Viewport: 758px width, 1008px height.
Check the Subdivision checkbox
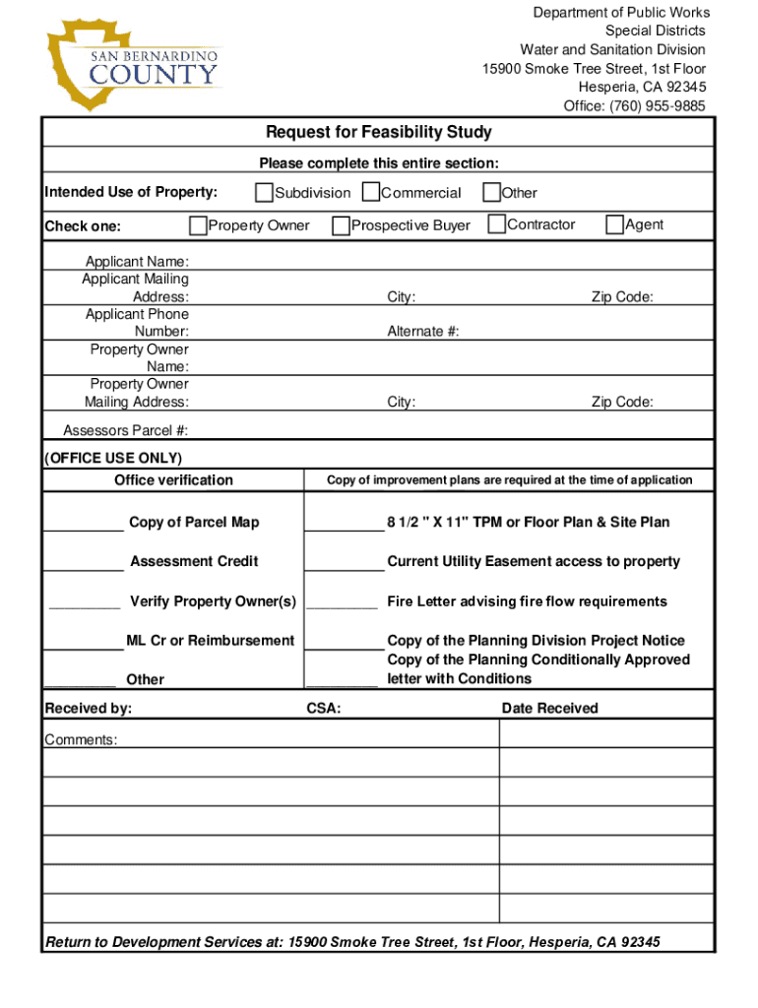coord(265,192)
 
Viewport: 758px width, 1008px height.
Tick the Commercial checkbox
coord(371,192)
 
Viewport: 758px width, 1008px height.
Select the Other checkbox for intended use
coord(491,192)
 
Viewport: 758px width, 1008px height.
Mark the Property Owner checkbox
coord(198,225)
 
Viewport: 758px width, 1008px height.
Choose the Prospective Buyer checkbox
coord(342,225)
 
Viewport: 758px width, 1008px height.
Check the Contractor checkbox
coord(497,224)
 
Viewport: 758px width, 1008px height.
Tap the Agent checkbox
coord(615,224)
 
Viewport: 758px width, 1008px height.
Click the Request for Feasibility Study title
coord(378,132)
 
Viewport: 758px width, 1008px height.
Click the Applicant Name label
coord(137,262)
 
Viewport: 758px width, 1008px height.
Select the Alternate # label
coord(422,332)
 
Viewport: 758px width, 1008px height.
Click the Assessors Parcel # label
coord(125,430)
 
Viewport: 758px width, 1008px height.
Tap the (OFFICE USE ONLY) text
coord(113,458)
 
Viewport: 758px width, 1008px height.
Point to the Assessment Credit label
coord(194,561)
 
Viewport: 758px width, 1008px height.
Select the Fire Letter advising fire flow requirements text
coord(527,601)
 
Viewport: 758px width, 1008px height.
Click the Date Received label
coord(549,708)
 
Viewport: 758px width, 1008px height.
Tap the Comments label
coord(81,739)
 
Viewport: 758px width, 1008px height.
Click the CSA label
coord(324,708)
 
